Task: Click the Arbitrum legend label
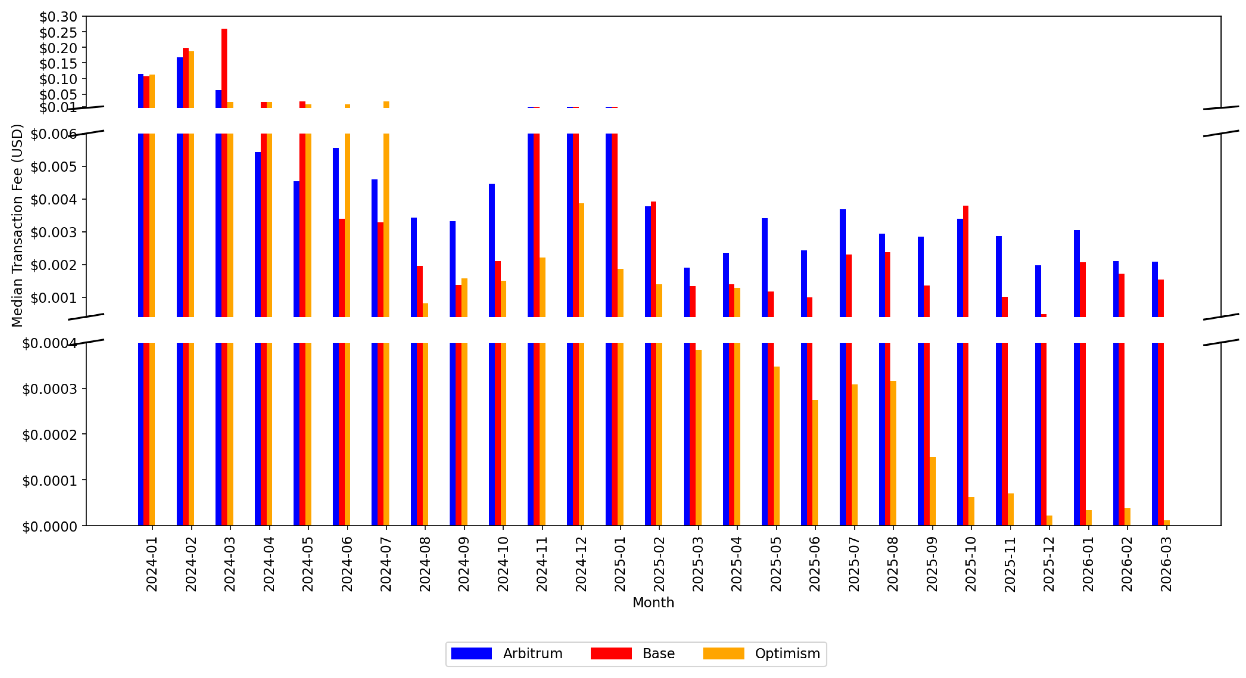coord(533,653)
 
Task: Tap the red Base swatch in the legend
coord(611,653)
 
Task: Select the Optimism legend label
coord(788,653)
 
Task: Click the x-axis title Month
coord(653,603)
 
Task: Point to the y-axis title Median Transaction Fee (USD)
coord(17,226)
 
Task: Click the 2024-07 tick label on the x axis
coord(385,564)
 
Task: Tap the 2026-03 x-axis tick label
coord(1166,564)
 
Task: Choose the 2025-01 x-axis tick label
coord(620,564)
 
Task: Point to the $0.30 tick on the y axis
coord(58,17)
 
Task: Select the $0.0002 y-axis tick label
coord(49,434)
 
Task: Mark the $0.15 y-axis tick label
coord(58,64)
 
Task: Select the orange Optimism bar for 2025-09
coord(933,491)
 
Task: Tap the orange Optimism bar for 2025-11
coord(1010,510)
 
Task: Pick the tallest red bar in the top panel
coord(224,68)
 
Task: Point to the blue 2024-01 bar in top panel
coord(141,91)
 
